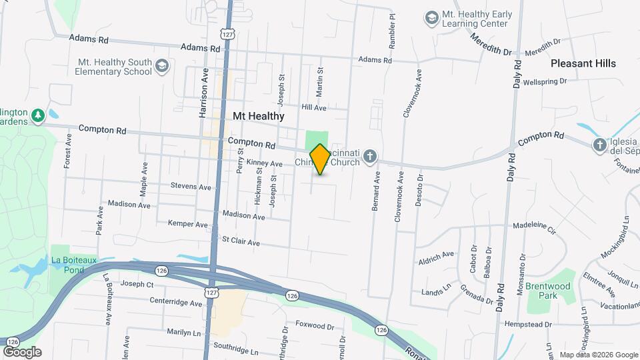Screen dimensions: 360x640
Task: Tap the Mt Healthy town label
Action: click(x=259, y=116)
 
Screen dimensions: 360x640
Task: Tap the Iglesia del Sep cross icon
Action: click(x=600, y=145)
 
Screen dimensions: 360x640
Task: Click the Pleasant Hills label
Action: click(x=583, y=63)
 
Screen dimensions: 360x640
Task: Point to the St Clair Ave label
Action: click(x=241, y=241)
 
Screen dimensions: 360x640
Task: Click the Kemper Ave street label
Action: click(x=188, y=224)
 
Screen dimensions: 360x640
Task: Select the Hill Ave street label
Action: click(x=314, y=107)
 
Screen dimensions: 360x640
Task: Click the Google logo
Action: click(x=22, y=351)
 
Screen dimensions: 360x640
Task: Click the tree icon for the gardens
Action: click(x=38, y=115)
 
